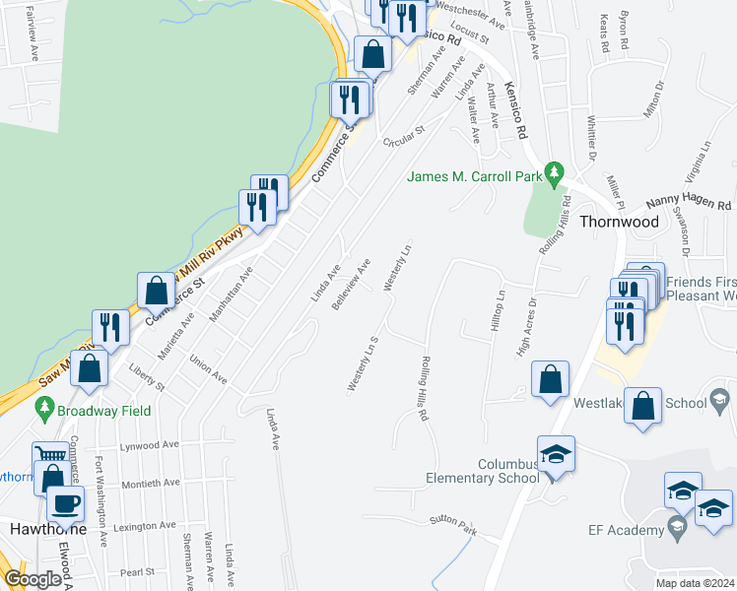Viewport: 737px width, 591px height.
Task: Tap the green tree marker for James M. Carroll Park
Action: [x=555, y=174]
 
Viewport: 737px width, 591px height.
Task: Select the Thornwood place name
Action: [x=618, y=222]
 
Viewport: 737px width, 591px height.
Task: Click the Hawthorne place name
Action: [x=42, y=529]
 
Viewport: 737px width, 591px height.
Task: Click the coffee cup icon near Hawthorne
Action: [x=66, y=503]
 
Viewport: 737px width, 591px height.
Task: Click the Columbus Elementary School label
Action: [x=482, y=471]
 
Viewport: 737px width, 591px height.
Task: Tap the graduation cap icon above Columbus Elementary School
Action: [x=556, y=453]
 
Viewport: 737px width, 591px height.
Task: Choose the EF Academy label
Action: [x=622, y=531]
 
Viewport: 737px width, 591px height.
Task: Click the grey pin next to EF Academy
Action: [x=676, y=530]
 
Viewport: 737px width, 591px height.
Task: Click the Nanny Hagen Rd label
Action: [x=689, y=203]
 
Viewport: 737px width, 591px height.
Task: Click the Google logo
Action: [x=32, y=579]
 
